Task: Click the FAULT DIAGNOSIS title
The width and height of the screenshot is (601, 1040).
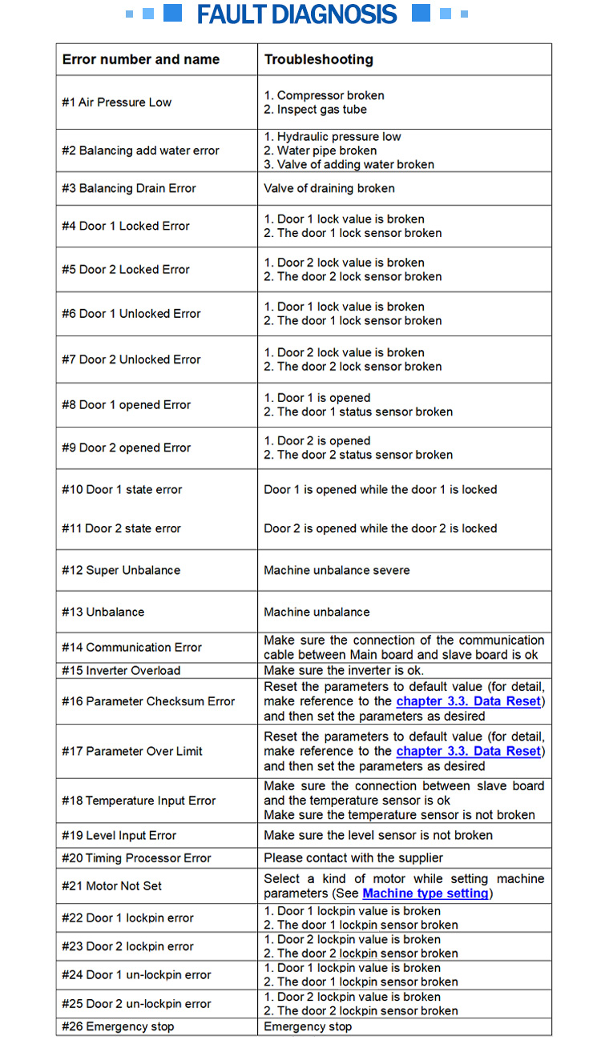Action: click(x=296, y=14)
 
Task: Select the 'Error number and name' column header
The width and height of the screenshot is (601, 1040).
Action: click(x=141, y=59)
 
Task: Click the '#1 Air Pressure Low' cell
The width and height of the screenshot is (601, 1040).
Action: click(x=117, y=102)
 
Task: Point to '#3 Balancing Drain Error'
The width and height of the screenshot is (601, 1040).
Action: click(x=129, y=188)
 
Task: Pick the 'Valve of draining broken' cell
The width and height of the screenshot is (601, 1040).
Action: click(x=329, y=188)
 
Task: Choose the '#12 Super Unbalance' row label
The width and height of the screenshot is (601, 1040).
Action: click(x=121, y=570)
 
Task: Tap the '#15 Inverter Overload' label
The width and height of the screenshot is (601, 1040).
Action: click(x=121, y=670)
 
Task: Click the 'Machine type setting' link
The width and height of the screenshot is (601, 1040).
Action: click(x=426, y=893)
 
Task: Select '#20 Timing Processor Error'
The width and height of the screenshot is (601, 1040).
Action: click(x=136, y=857)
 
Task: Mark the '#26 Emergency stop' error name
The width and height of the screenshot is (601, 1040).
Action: click(x=118, y=1026)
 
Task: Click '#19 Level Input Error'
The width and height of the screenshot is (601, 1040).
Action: click(x=119, y=835)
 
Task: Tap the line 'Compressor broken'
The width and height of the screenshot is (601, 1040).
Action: click(x=319, y=95)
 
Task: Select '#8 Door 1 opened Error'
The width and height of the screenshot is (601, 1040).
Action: click(x=127, y=404)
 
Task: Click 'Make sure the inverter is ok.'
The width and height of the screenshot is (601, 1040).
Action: click(x=344, y=670)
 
